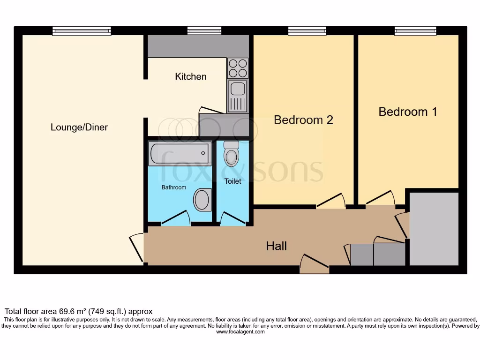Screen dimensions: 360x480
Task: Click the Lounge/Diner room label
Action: click(79, 127)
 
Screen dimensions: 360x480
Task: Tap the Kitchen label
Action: click(191, 76)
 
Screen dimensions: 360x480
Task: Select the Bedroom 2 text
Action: click(303, 120)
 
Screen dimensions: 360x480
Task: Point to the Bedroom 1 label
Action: click(408, 112)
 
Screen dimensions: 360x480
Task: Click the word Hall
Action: click(277, 246)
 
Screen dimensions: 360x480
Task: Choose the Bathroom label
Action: click(174, 187)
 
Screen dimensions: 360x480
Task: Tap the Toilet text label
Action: click(232, 181)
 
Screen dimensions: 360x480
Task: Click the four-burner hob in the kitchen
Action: click(238, 68)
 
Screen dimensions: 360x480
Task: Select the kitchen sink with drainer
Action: click(237, 96)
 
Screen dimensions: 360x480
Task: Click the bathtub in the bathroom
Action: click(179, 154)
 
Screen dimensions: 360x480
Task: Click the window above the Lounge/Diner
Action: click(82, 31)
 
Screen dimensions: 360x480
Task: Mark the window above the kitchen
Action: click(204, 31)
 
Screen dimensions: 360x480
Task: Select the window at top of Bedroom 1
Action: click(415, 31)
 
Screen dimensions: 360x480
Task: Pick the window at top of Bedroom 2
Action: click(307, 31)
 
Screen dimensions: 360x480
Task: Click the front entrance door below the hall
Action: click(314, 265)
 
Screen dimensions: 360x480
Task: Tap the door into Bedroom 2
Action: click(331, 201)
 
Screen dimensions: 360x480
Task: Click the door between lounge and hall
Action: click(137, 247)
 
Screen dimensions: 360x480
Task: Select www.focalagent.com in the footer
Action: click(240, 332)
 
